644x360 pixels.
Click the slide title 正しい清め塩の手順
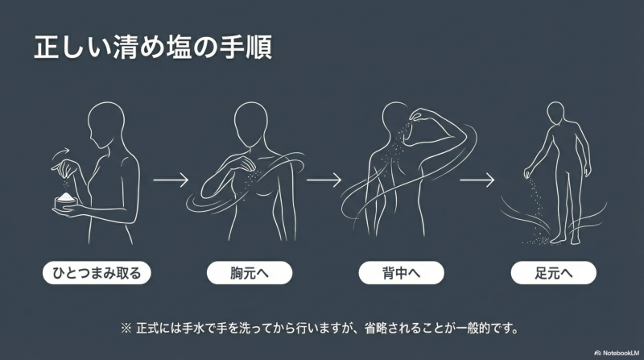click(153, 48)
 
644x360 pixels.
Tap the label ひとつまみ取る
click(97, 273)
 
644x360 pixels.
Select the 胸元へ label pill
click(250, 273)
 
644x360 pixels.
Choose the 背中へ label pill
click(401, 273)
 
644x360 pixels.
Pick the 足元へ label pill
click(553, 273)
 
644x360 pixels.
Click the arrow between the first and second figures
click(171, 180)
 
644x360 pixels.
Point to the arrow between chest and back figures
click(324, 180)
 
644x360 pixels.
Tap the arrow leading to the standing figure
click(477, 180)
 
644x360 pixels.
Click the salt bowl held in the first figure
click(66, 201)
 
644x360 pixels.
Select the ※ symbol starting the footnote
click(126, 329)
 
